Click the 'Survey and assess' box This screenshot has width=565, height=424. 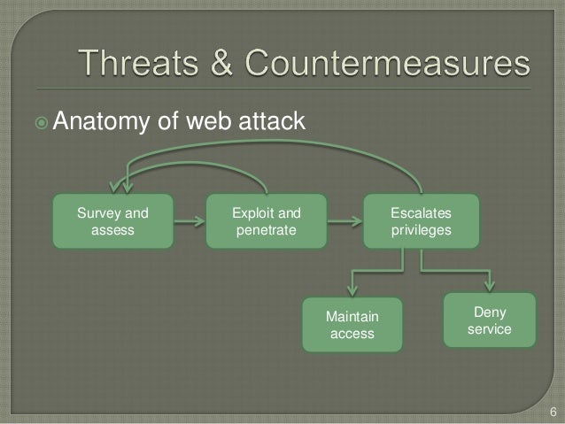[x=112, y=222]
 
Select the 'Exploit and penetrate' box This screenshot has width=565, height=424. [x=265, y=222]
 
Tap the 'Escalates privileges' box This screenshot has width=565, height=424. [x=421, y=222]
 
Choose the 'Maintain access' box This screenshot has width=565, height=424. [x=352, y=325]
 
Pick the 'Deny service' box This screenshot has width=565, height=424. [x=490, y=320]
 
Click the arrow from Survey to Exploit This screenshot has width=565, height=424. [x=188, y=223]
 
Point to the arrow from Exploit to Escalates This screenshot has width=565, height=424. [x=343, y=223]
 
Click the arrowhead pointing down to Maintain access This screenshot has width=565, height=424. [x=352, y=290]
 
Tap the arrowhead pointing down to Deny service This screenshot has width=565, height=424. [x=490, y=285]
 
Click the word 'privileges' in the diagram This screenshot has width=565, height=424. [x=421, y=230]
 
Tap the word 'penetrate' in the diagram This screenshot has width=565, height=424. [x=265, y=230]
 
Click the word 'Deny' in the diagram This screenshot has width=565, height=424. [x=490, y=312]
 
